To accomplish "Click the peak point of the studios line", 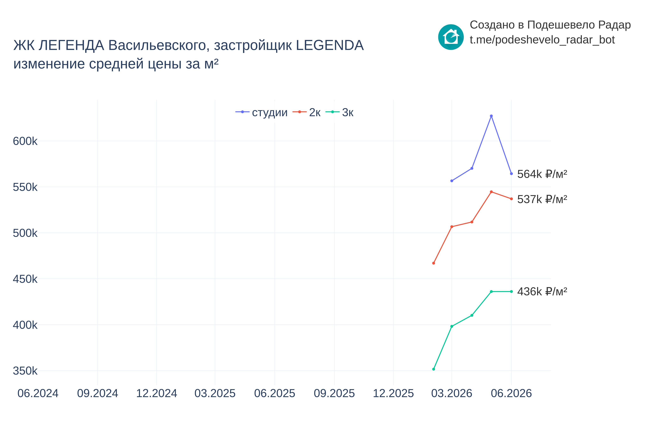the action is tap(491, 116).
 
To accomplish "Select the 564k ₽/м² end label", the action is tap(542, 174).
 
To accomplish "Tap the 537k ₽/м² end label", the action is tap(542, 199).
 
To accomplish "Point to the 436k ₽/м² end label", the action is tap(542, 292).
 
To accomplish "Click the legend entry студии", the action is tap(261, 112).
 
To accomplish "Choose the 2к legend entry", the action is tap(307, 112).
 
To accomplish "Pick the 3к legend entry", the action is tap(339, 112).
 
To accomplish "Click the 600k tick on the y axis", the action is tap(25, 141).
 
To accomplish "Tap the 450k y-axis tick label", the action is tap(25, 279).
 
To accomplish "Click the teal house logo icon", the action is tap(451, 37).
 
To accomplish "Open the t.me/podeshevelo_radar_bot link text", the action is tap(542, 40).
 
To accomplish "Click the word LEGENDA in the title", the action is tap(330, 45).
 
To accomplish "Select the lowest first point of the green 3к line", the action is tap(434, 369).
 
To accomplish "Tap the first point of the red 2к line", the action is tap(434, 263).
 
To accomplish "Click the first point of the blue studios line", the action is tap(452, 181).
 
